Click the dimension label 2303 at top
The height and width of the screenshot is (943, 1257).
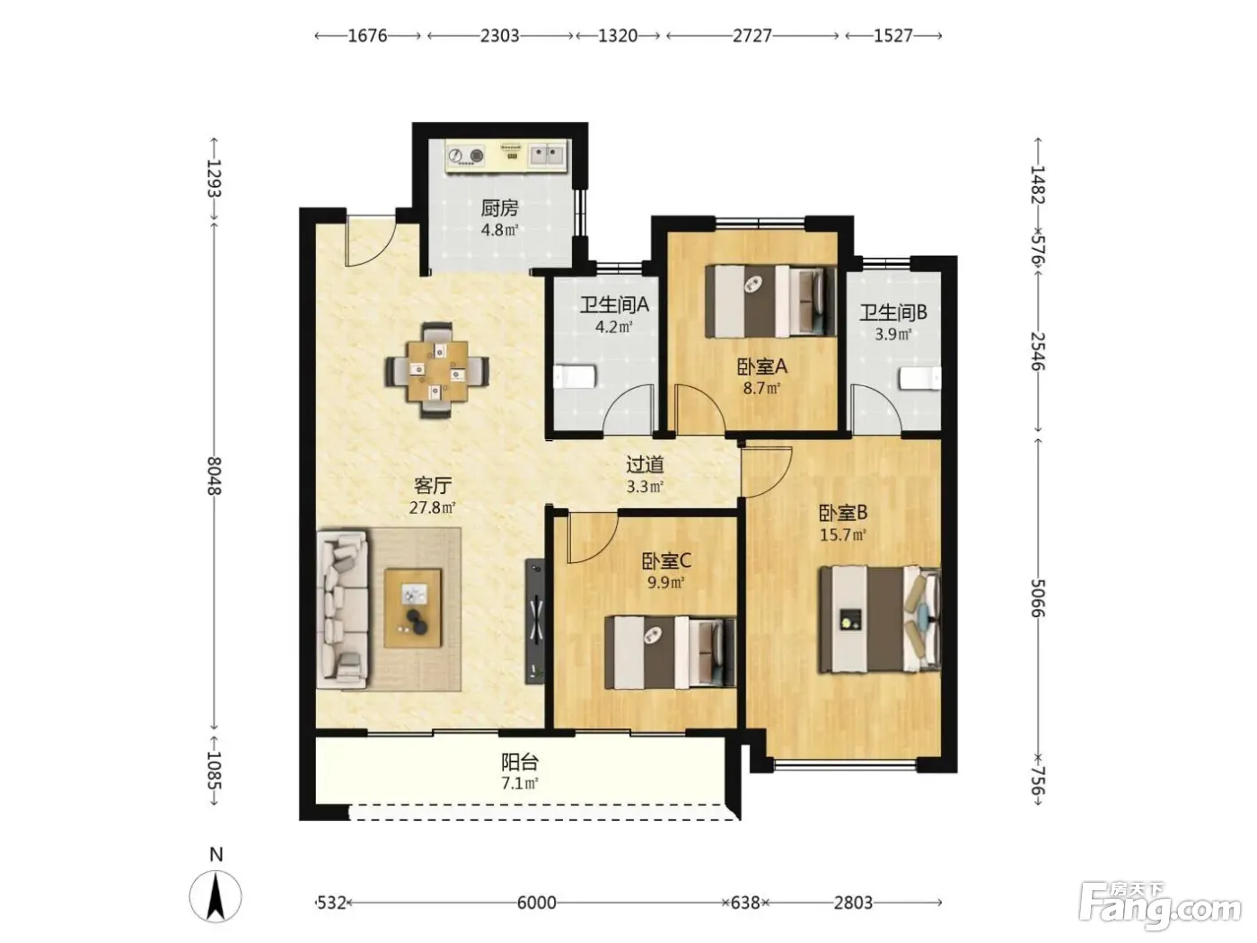(499, 36)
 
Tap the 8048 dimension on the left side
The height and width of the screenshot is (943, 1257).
(215, 476)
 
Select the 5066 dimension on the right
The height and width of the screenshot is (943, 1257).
(1038, 598)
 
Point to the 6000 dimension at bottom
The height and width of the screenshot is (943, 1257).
(536, 903)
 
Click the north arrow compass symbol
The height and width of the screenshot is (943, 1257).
(215, 896)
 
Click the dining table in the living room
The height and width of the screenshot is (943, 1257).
(437, 370)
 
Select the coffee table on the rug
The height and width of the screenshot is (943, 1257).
(413, 608)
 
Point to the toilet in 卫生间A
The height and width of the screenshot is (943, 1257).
(575, 377)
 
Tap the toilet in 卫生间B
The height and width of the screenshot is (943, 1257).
(919, 378)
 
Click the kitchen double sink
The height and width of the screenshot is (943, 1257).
(546, 154)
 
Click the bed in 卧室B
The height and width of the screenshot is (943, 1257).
(880, 619)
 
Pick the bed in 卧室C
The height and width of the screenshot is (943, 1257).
(670, 652)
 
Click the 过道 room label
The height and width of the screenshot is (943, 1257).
(645, 465)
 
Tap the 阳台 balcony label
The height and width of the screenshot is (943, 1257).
(520, 762)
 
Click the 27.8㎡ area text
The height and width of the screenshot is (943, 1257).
(433, 507)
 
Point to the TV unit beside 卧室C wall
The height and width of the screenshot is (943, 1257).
(535, 621)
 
